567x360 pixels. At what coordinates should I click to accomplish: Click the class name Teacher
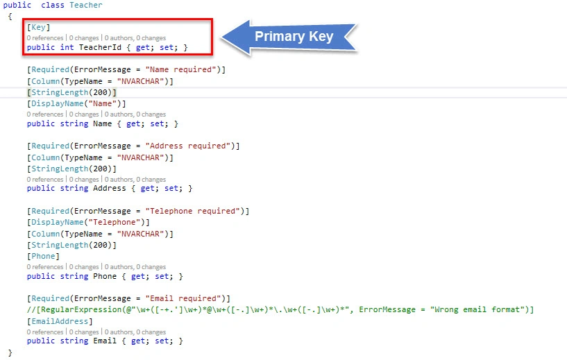pos(85,5)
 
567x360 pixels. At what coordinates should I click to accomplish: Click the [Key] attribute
pos(38,28)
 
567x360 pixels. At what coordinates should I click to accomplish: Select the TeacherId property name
pos(100,47)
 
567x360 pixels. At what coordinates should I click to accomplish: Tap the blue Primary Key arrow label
pos(289,37)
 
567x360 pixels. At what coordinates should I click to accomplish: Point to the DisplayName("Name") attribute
pos(76,104)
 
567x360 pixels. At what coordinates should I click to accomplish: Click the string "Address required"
pos(187,146)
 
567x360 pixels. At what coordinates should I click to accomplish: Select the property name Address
pos(110,188)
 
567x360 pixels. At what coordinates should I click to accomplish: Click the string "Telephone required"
pos(192,211)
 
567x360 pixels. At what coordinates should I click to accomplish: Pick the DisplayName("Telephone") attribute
pos(88,222)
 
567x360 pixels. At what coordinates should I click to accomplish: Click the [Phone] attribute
pos(43,256)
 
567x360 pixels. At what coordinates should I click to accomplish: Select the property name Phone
pos(105,277)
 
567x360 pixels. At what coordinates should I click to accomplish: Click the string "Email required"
pos(183,298)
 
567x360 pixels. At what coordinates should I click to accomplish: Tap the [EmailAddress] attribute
pos(60,321)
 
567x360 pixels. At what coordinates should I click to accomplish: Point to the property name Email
pos(105,341)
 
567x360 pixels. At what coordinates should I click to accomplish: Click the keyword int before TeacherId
pos(67,47)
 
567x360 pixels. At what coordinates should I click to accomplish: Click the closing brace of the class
pos(10,353)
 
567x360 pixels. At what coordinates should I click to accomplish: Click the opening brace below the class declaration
pos(10,17)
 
